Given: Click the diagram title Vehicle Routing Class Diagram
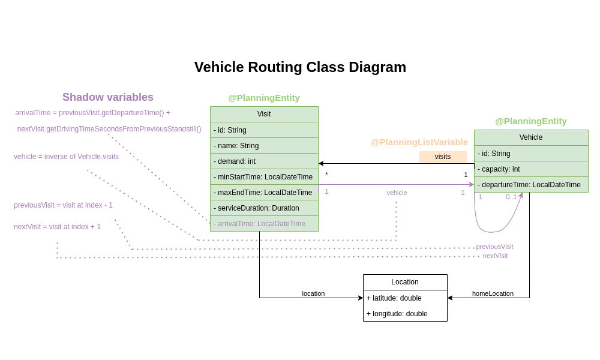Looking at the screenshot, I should point(300,67).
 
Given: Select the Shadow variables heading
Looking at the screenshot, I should point(108,97).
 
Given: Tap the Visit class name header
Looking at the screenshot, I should point(264,114).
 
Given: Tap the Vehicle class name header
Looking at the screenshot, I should point(530,137).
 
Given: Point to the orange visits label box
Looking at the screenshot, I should point(443,157).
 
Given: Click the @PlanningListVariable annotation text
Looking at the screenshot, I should point(419,142).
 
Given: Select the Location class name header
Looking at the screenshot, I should point(405,282).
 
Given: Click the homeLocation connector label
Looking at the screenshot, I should point(493,293).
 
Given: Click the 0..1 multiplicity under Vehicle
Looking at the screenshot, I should point(511,197).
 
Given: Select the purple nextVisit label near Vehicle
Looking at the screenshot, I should point(495,256).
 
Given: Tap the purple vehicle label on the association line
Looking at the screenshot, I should point(397,193).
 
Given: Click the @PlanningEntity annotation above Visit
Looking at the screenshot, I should point(264,98).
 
